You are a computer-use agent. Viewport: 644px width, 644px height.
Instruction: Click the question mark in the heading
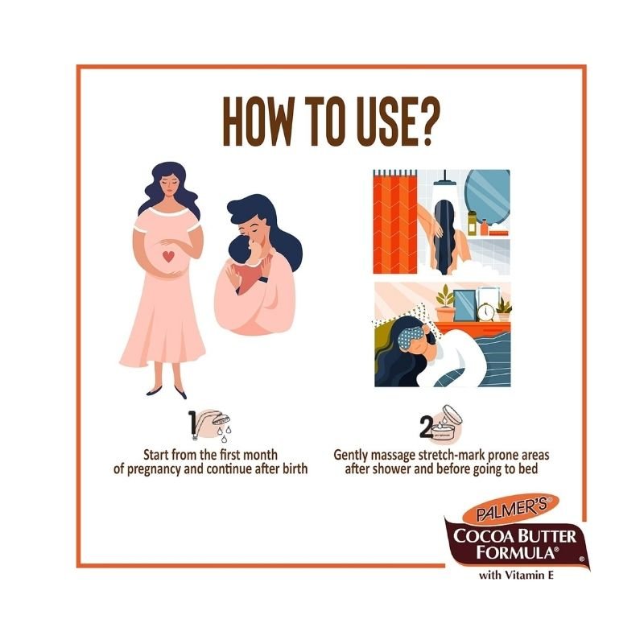(x=423, y=122)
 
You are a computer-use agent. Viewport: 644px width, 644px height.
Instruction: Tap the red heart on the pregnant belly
(x=168, y=257)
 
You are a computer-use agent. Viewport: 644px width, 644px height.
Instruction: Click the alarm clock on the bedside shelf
(x=486, y=312)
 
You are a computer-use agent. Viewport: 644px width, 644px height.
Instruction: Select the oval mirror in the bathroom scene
(x=488, y=198)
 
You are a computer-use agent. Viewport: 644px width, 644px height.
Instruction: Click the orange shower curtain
(x=394, y=222)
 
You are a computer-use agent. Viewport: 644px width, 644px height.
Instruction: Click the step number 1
(x=192, y=423)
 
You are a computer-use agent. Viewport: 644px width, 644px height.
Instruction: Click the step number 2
(x=426, y=427)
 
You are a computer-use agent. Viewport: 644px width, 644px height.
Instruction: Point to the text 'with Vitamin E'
(x=516, y=575)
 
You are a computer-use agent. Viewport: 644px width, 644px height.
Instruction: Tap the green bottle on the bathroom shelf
(x=472, y=223)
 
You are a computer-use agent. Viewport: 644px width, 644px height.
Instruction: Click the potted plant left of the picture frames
(x=446, y=304)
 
